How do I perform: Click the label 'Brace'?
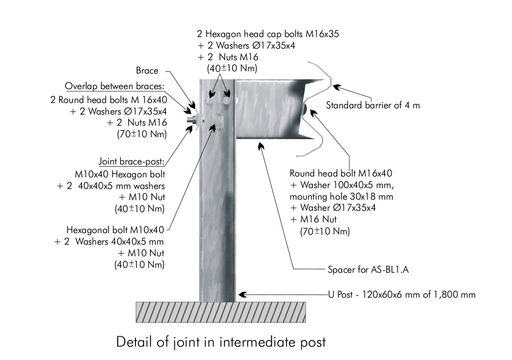point(147,70)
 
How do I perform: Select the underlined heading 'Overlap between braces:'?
point(115,86)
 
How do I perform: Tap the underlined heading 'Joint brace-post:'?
point(131,162)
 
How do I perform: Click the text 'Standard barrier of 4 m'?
point(373,105)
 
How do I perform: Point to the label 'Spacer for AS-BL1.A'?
point(369,270)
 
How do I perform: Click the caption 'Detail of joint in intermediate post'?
point(221,342)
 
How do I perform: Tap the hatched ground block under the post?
point(221,312)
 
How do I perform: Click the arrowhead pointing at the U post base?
point(242,295)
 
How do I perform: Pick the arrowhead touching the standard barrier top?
point(336,87)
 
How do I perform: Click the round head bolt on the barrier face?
point(304,108)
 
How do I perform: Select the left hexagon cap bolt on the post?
point(209,101)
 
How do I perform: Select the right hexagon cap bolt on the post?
point(226,101)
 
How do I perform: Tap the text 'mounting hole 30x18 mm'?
point(341,196)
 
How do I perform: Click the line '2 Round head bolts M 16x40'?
point(109,99)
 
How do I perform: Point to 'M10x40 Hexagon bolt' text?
point(120,174)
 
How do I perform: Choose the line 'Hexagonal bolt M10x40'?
point(115,230)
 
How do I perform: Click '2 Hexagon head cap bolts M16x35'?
point(268,34)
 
